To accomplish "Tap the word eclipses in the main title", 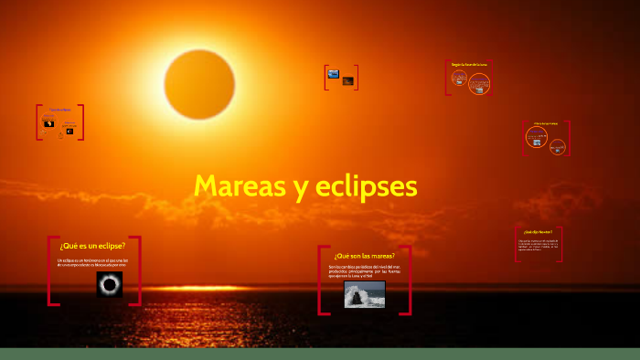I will tap(367, 186).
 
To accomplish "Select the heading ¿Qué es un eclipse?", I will tap(92, 246).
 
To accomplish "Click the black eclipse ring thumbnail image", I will tap(110, 285).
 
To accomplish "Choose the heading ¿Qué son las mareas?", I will tap(364, 256).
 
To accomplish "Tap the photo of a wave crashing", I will tap(364, 294).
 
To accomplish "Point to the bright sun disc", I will tap(199, 84).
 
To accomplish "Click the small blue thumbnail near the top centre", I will tap(333, 73).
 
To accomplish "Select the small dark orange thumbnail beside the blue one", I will tap(348, 81).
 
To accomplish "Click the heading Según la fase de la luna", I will tap(470, 65).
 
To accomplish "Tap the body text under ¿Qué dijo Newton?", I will tap(539, 247).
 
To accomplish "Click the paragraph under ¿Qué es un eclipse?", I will tap(92, 263).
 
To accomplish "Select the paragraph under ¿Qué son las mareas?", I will tap(364, 271).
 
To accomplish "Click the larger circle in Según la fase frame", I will tap(479, 85).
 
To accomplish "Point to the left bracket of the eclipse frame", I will tap(49, 270).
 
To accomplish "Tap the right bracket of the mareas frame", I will tap(407, 281).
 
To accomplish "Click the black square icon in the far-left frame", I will tap(49, 123).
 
